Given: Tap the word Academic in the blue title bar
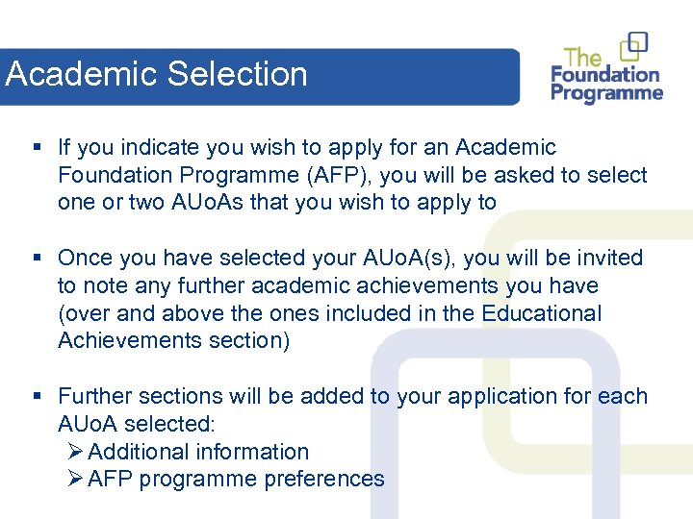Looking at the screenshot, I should point(82,74).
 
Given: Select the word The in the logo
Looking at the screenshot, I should point(583,57).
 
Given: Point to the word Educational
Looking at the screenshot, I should point(541,314).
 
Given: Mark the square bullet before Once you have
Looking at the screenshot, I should point(36,259).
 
